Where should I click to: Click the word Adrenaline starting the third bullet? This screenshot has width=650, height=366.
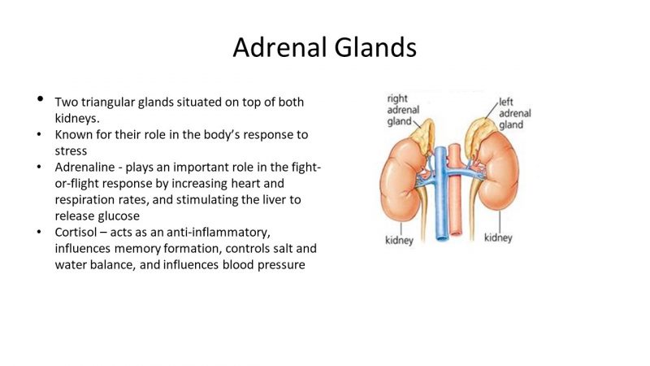pos(87,167)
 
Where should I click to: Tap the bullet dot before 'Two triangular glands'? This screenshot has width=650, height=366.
pos(39,101)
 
